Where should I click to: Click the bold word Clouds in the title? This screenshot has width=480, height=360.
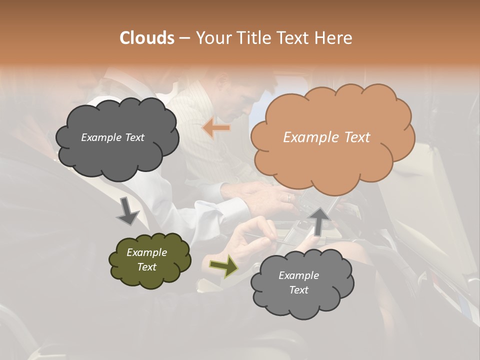pos(146,37)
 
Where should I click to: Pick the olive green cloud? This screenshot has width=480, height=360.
pos(149,259)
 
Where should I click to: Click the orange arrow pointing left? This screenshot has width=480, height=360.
pos(216,128)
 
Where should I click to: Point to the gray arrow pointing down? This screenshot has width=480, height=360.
pos(127,210)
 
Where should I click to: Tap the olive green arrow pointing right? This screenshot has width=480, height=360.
pos(224,266)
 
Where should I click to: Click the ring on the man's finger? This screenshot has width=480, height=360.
pos(288,197)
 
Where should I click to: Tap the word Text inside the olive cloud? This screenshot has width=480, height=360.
pos(147,267)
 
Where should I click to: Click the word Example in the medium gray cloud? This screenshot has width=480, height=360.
pos(298,275)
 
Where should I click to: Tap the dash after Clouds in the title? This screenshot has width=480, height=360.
pos(184,37)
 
